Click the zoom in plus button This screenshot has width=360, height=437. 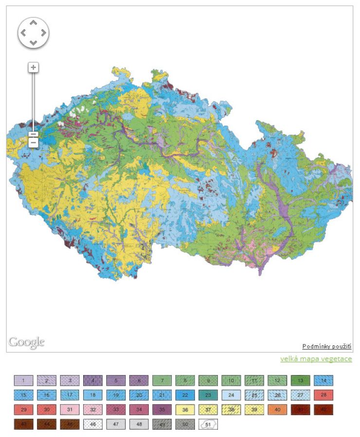pos(33,67)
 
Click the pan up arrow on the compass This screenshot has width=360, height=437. pos(33,23)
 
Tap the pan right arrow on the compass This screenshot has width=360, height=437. pos(44,33)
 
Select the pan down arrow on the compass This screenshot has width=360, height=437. pos(33,43)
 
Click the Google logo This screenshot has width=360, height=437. pos(26,342)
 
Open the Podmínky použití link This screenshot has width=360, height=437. pos(326,346)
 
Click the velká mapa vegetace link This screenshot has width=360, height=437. pos(316,359)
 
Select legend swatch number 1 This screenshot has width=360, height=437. pos(23,380)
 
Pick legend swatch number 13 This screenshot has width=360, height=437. pos(301,380)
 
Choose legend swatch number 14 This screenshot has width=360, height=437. pos(324,380)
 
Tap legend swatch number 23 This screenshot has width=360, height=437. pos(208,395)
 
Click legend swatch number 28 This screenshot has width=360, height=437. pos(324,395)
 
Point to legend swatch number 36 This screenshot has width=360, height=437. pos(185,409)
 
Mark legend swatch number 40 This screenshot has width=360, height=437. pos(278,409)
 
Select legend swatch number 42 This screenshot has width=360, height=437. pos(324,409)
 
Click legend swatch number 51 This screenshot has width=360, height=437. pos(208,424)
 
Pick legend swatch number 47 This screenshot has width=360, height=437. pos(116,424)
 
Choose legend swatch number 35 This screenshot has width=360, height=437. pos(162,409)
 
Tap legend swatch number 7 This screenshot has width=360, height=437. pos(162,380)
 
